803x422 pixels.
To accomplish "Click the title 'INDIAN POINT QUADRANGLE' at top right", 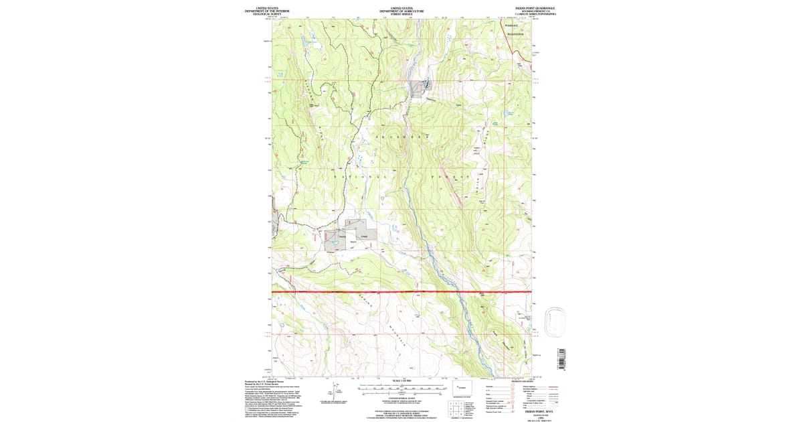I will (535, 8).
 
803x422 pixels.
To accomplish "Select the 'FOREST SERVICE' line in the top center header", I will (401, 13).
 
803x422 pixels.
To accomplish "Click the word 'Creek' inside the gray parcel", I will (365, 236).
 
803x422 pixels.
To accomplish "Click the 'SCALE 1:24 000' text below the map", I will (401, 381).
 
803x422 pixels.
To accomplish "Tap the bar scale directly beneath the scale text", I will (401, 387).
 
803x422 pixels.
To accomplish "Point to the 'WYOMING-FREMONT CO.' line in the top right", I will (535, 11).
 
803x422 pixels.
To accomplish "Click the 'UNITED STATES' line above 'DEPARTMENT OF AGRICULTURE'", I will (401, 8).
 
